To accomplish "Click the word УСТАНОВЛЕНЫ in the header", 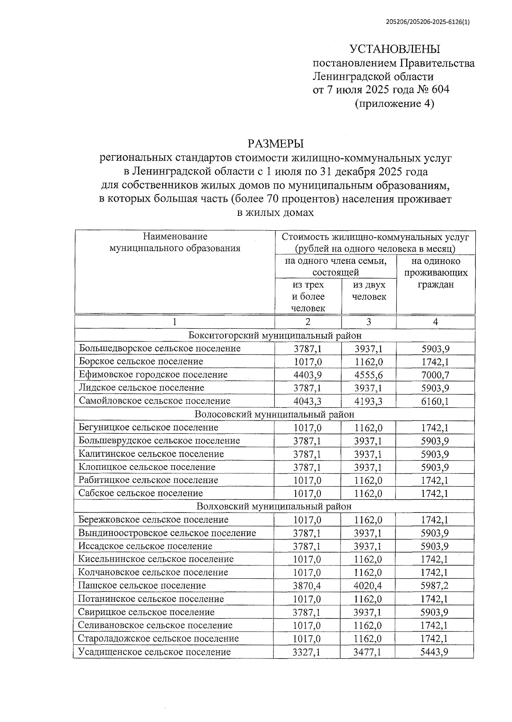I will pyautogui.click(x=394, y=49).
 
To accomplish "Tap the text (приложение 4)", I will pyautogui.click(x=394, y=104).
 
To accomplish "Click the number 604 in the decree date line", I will pyautogui.click(x=440, y=90).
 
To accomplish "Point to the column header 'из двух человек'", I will pyautogui.click(x=369, y=291).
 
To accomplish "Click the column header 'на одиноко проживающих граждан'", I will pyautogui.click(x=436, y=273).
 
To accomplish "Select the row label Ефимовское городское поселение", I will pyautogui.click(x=153, y=375).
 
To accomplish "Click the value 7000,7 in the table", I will pyautogui.click(x=435, y=375).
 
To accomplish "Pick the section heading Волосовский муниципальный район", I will pyautogui.click(x=274, y=415).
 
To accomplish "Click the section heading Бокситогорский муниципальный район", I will pyautogui.click(x=275, y=336).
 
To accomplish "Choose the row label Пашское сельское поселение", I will pyautogui.click(x=142, y=586).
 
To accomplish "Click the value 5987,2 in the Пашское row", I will pyautogui.click(x=434, y=586).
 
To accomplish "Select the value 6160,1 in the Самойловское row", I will pyautogui.click(x=435, y=402).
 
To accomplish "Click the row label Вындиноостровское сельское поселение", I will pyautogui.click(x=167, y=533).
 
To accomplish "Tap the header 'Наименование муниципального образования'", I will pyautogui.click(x=175, y=242).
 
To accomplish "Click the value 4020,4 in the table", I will pyautogui.click(x=368, y=586).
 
